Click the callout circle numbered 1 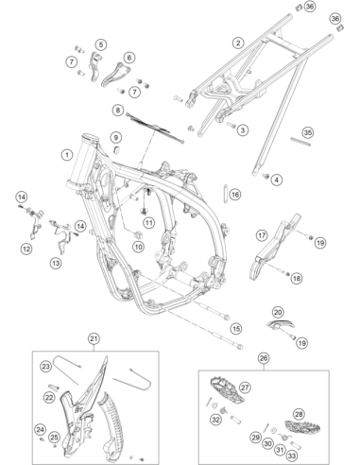(67, 155)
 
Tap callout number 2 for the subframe (238, 43)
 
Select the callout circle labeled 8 (118, 111)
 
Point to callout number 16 (235, 195)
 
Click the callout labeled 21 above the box (94, 339)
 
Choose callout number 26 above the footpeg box (264, 358)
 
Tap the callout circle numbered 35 (308, 132)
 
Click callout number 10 (139, 247)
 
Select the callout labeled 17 (262, 235)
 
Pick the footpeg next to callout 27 (226, 390)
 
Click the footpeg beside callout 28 (302, 426)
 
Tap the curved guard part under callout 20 (281, 323)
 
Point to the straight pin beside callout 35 (300, 141)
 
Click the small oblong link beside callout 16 (226, 194)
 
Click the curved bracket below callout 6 (113, 76)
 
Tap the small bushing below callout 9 (117, 148)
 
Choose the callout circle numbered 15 (236, 329)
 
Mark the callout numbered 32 (215, 420)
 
